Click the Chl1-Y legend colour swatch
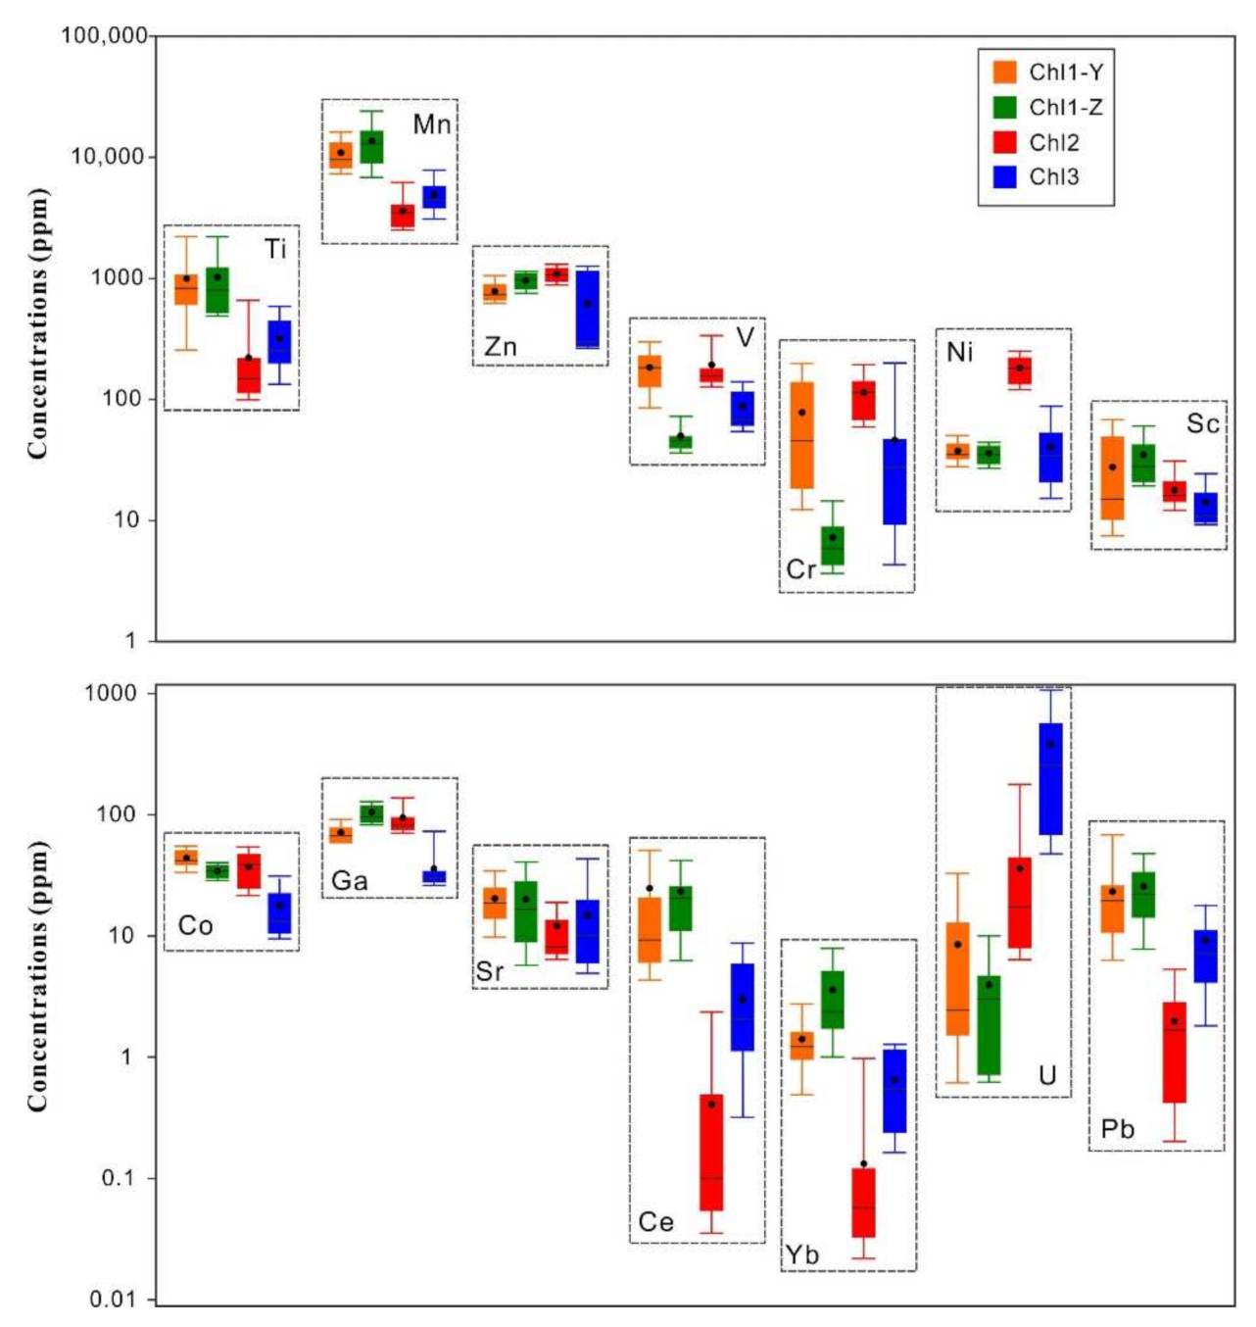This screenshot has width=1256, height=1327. pyautogui.click(x=1004, y=72)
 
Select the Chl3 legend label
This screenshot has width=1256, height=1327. pyautogui.click(x=1053, y=177)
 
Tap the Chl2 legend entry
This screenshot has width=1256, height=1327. pyautogui.click(x=1053, y=142)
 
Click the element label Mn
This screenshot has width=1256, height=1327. pyautogui.click(x=431, y=124)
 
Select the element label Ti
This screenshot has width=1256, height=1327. pyautogui.click(x=275, y=250)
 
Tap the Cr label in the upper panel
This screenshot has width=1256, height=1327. pyautogui.click(x=800, y=569)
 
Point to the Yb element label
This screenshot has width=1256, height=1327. pyautogui.click(x=801, y=1255)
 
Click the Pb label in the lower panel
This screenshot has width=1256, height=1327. pyautogui.click(x=1117, y=1129)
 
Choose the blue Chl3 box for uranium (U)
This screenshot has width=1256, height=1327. pyautogui.click(x=1050, y=779)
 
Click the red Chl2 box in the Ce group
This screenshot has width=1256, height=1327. pyautogui.click(x=711, y=1153)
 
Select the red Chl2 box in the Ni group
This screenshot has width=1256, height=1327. pyautogui.click(x=1019, y=371)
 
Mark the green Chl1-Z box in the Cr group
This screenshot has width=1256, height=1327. pyautogui.click(x=833, y=546)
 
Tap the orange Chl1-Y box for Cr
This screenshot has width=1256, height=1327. pyautogui.click(x=801, y=435)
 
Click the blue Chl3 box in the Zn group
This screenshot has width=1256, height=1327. pyautogui.click(x=588, y=309)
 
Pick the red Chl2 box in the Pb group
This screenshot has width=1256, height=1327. pyautogui.click(x=1174, y=1052)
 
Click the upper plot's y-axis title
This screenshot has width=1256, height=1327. pyautogui.click(x=37, y=323)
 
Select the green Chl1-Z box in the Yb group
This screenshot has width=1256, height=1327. pyautogui.click(x=833, y=1000)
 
